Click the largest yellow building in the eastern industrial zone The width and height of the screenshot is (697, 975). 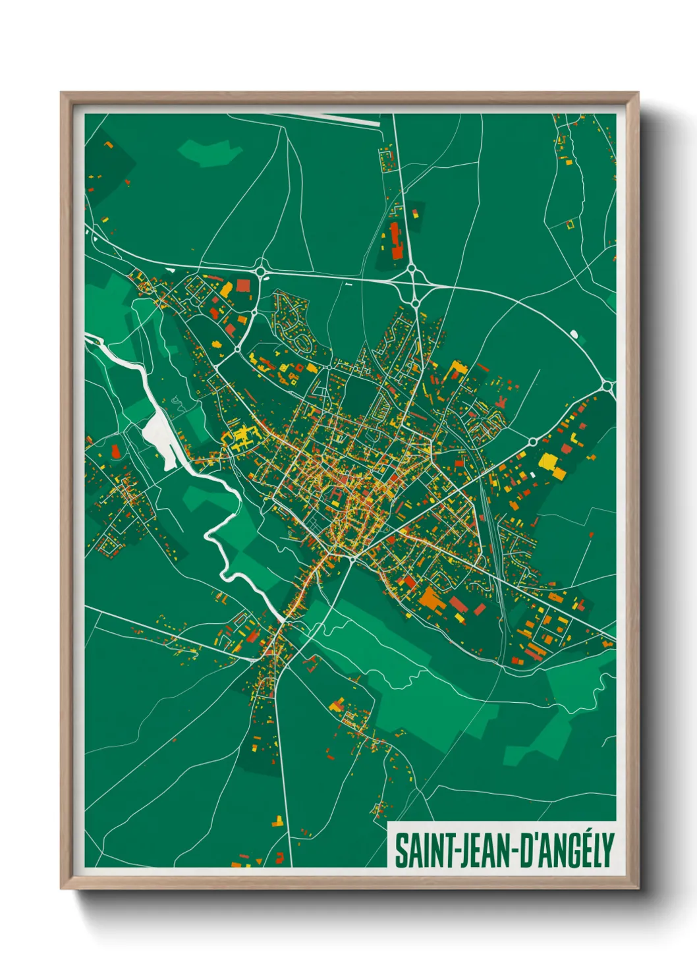(x=547, y=460)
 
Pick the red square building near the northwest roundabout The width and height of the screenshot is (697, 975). (x=243, y=285)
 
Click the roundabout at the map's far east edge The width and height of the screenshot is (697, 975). (x=607, y=385)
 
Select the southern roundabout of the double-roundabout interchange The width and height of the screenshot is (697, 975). (x=416, y=302)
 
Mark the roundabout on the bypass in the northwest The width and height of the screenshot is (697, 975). (x=260, y=269)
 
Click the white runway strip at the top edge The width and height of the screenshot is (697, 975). (x=343, y=118)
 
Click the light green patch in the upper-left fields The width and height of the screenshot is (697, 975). (x=209, y=152)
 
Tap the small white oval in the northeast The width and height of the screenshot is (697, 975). (x=578, y=336)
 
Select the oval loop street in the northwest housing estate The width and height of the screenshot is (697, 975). (x=304, y=341)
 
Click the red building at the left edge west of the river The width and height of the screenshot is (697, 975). (x=116, y=451)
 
